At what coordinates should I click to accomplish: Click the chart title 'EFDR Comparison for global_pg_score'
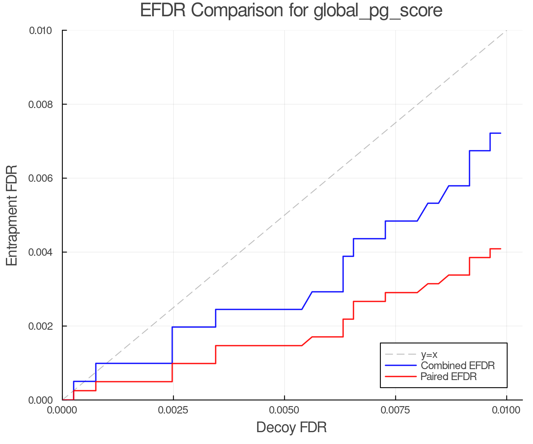coord(291,11)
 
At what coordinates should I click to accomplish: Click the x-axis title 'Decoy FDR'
coord(291,427)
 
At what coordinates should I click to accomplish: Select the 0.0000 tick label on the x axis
coord(62,410)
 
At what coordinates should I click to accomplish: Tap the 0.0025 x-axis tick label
coord(173,410)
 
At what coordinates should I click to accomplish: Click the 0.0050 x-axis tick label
coord(284,410)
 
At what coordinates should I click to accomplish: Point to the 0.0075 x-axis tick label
coord(395,410)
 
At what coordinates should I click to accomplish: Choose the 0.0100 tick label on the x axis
coord(506,410)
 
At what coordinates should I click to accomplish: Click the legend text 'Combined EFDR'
coord(457,366)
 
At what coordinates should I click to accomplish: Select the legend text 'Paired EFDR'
coord(449,377)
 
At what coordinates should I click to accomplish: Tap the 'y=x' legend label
coord(429,354)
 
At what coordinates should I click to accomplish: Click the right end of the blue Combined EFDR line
coord(500,133)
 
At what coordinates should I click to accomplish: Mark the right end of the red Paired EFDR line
coord(500,249)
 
